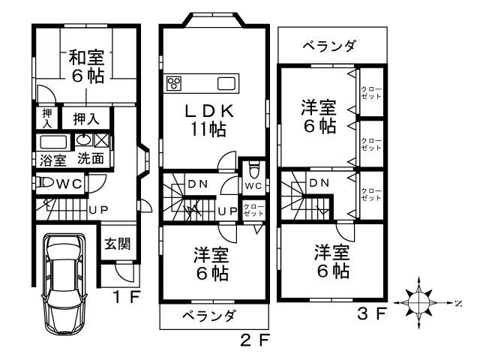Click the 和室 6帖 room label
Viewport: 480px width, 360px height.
(x=86, y=66)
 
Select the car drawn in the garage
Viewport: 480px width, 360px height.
(x=65, y=286)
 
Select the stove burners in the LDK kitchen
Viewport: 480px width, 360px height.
(x=174, y=82)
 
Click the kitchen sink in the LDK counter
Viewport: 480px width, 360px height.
(x=226, y=82)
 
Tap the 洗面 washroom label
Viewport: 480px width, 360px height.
(x=91, y=159)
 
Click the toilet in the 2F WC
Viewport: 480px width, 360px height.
(x=253, y=166)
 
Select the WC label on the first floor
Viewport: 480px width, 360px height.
(x=69, y=182)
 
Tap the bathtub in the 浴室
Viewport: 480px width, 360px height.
(x=52, y=142)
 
